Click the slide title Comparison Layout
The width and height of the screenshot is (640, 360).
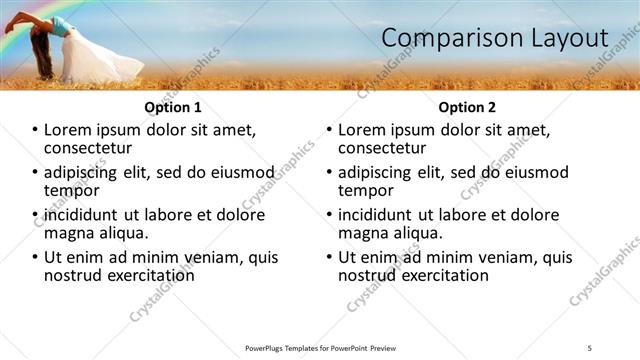(495, 37)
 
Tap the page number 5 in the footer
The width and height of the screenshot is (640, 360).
(590, 347)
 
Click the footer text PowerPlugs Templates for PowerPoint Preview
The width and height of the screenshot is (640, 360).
(319, 347)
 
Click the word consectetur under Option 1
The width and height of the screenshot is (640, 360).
(92, 148)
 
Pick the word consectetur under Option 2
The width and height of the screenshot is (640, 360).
(386, 148)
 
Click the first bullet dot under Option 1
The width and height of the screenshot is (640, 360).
(36, 131)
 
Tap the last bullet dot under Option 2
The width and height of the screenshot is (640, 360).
(330, 257)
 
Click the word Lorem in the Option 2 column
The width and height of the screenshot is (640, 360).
(361, 130)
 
